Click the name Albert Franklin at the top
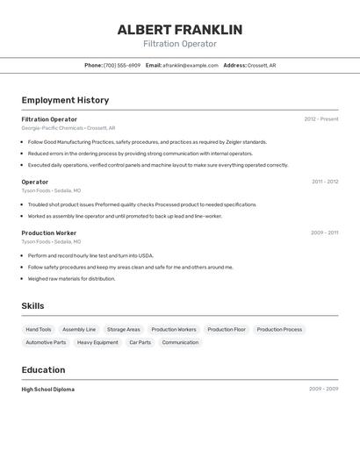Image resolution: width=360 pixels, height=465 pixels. coord(180,30)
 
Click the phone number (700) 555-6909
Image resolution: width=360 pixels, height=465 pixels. coord(122,65)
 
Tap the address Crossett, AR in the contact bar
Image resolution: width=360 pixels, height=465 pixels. coord(262,65)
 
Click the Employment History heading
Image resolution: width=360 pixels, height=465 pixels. coord(65,100)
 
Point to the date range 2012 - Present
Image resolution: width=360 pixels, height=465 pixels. coord(321,119)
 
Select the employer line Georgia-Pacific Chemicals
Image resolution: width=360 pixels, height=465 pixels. coord(53,128)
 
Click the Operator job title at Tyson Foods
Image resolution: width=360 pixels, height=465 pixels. coord(35,182)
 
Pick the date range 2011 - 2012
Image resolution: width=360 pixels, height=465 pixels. coord(325,182)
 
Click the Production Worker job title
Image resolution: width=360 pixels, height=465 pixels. coord(49,233)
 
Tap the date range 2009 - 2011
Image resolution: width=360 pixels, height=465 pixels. coord(324,233)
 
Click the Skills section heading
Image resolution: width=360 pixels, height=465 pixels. coord(33,305)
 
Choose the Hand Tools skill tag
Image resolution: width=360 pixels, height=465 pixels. coord(39,330)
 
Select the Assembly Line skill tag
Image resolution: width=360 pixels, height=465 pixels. coord(79,330)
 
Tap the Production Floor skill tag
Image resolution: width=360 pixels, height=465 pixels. coord(227,330)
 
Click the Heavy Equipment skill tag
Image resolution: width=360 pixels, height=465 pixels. coord(97,342)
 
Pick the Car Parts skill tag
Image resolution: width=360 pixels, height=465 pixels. coord(140,342)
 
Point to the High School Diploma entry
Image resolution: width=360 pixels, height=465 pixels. coord(48,389)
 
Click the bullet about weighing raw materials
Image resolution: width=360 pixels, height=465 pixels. coord(71,279)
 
